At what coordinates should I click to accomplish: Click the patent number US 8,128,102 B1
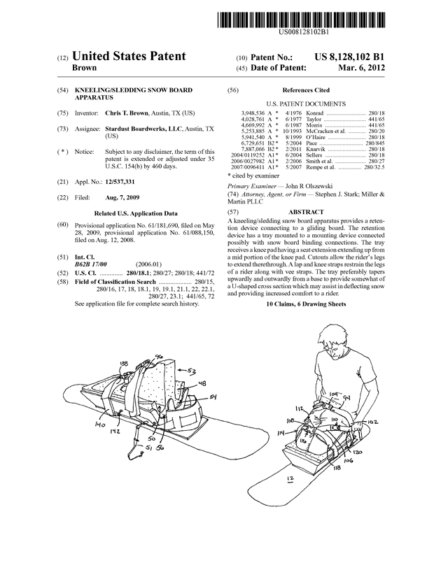tap(349, 57)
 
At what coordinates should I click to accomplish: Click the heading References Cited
tap(305, 91)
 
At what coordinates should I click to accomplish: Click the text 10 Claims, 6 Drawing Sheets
tap(306, 304)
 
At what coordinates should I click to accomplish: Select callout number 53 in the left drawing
tap(191, 371)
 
